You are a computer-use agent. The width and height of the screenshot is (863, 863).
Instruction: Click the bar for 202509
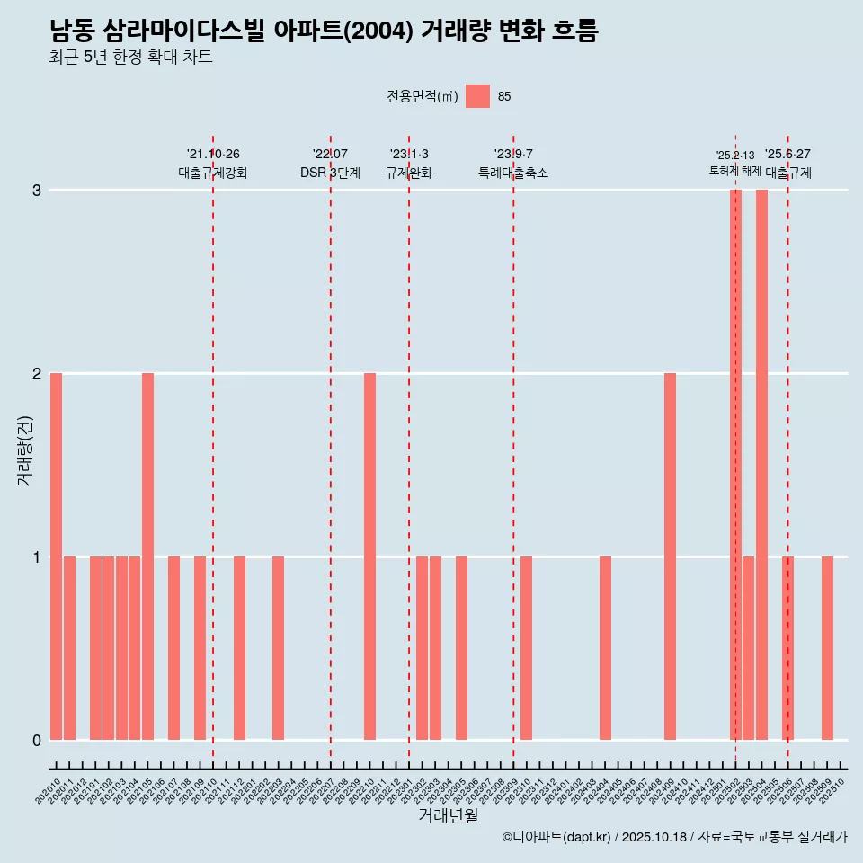click(827, 647)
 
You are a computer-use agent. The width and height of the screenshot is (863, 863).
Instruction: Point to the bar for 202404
click(605, 647)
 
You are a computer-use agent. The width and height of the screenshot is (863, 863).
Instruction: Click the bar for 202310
click(526, 647)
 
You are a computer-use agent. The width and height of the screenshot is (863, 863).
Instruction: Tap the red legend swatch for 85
click(477, 96)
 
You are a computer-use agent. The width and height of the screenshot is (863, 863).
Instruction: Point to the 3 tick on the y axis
click(37, 191)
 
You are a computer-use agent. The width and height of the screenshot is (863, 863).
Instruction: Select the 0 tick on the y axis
click(37, 740)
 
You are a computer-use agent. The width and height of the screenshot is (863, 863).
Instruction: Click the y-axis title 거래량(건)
click(25, 449)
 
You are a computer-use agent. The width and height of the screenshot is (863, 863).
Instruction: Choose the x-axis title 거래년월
click(448, 815)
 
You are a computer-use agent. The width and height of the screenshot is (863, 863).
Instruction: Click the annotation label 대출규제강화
click(213, 173)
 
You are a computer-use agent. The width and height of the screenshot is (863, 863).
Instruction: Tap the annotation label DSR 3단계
click(330, 173)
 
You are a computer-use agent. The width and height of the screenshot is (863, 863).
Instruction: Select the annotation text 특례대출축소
click(513, 173)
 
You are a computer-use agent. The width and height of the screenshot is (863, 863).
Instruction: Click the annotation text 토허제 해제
click(735, 171)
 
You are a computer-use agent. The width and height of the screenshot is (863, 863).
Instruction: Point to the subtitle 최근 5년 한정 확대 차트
click(131, 58)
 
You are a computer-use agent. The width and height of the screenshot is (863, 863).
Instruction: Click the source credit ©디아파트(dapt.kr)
click(556, 837)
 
